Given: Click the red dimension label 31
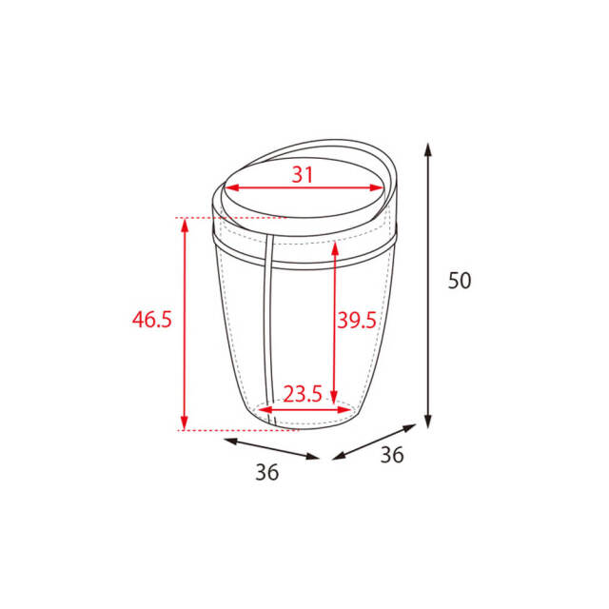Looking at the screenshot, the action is pyautogui.click(x=303, y=175).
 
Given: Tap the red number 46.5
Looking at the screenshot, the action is pyautogui.click(x=152, y=320).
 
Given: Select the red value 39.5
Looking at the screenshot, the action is pyautogui.click(x=357, y=321).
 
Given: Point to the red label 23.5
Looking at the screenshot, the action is pyautogui.click(x=303, y=394).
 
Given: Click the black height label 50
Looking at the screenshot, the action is pyautogui.click(x=460, y=281).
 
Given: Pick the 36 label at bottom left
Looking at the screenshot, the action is pyautogui.click(x=267, y=473).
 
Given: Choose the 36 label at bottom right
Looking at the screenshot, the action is pyautogui.click(x=392, y=455).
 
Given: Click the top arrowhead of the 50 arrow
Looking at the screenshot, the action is pyautogui.click(x=428, y=149).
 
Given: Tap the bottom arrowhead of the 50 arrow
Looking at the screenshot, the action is pyautogui.click(x=428, y=422).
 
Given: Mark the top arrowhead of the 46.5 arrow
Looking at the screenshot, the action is pyautogui.click(x=185, y=226).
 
